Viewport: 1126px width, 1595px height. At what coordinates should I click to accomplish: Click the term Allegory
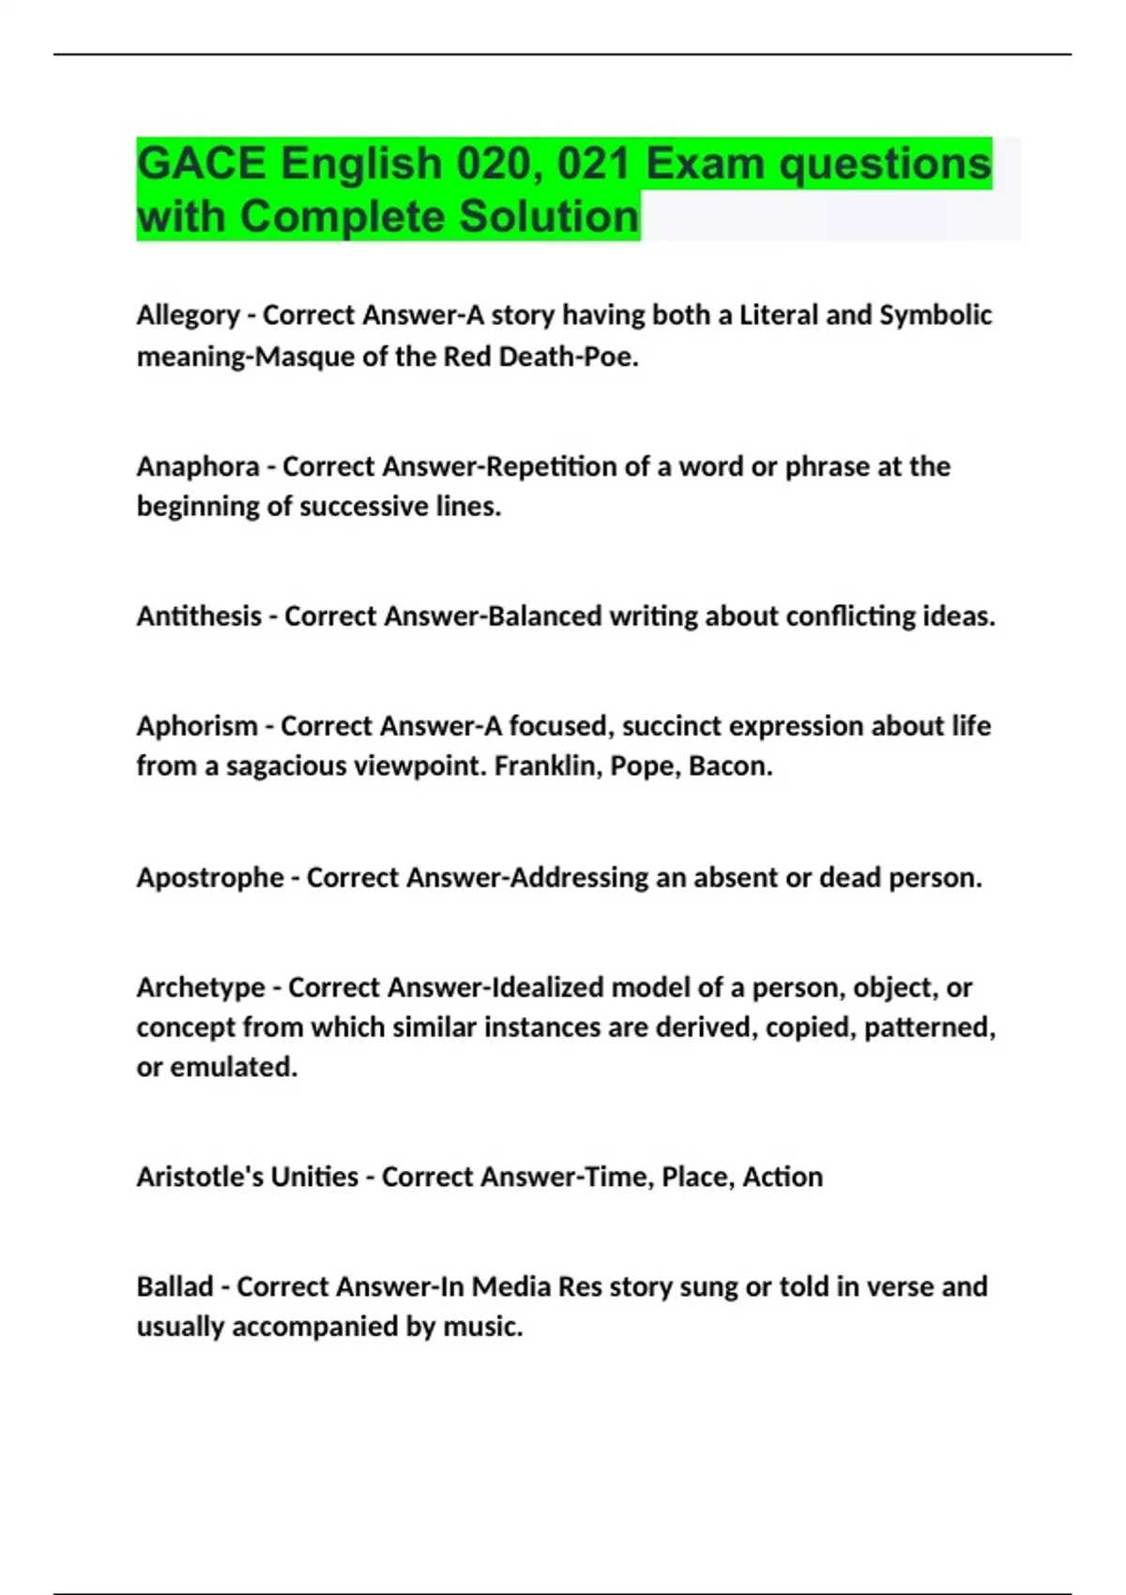tap(188, 315)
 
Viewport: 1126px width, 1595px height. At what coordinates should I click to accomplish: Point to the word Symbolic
tap(935, 315)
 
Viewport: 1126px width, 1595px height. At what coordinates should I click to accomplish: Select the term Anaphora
tap(197, 466)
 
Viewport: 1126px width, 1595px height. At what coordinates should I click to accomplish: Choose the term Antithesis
tap(199, 616)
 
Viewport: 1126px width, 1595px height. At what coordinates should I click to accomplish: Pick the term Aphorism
tap(196, 726)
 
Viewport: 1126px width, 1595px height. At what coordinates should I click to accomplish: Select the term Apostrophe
tap(209, 877)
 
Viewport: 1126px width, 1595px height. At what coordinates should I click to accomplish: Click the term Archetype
tap(200, 987)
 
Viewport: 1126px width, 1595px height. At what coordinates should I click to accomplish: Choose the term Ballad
tap(175, 1286)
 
